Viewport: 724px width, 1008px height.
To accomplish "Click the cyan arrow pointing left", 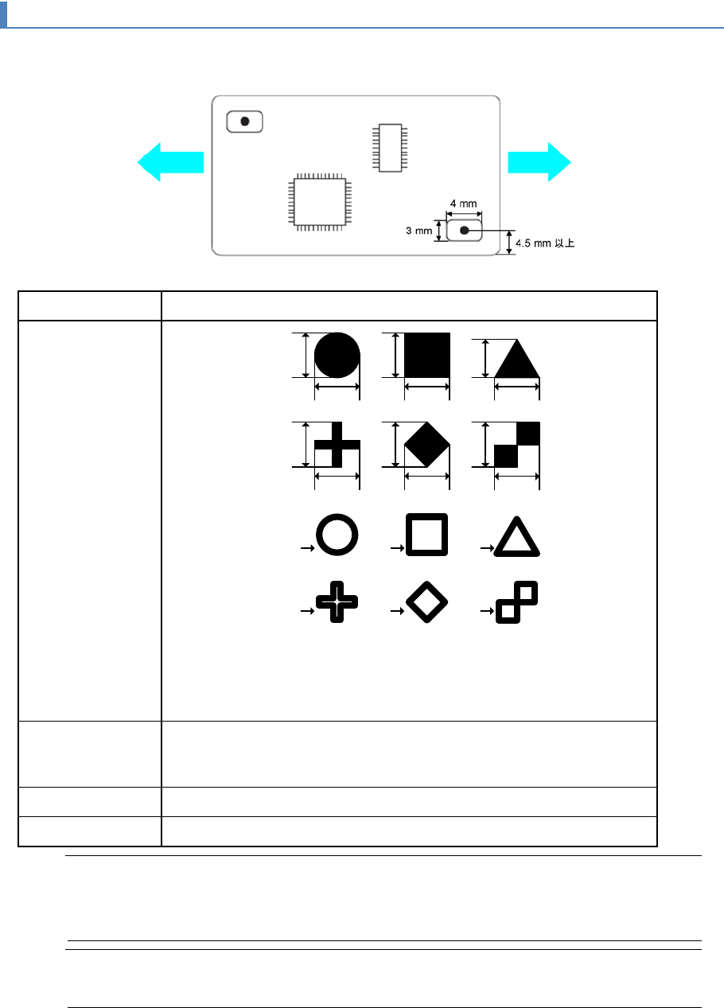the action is point(169,162).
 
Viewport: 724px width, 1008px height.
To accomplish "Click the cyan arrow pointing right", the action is point(539,162).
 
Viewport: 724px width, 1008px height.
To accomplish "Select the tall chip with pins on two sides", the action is point(389,147).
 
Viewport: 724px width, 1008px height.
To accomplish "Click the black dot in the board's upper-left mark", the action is point(245,122).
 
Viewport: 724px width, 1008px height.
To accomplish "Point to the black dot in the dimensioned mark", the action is point(465,231).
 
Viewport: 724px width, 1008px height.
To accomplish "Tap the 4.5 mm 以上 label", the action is point(545,243).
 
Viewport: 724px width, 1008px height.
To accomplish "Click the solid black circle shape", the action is point(337,355).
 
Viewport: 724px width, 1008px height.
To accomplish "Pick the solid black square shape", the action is point(427,355).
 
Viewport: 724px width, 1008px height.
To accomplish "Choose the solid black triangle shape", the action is point(517,360).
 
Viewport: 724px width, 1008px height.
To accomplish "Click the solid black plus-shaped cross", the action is point(337,444).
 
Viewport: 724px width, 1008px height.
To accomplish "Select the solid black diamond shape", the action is point(427,444).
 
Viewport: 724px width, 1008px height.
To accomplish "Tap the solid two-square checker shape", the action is point(517,444).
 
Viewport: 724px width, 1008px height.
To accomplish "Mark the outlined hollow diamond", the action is point(427,601).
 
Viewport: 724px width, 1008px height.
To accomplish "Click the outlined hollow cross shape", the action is point(337,601).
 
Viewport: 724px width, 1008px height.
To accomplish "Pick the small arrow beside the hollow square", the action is point(395,548).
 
